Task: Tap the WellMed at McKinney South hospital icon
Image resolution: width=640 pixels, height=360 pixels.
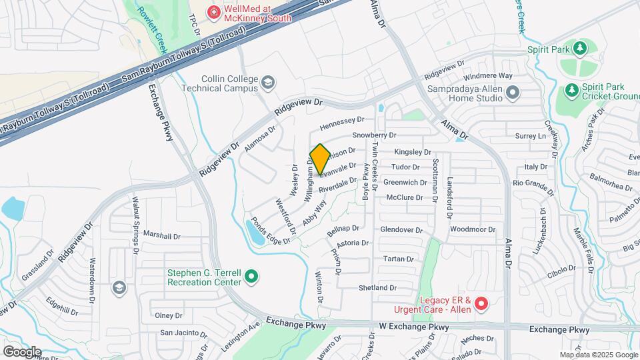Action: point(213,11)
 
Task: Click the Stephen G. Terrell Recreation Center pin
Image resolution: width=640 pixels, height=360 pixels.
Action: point(251,275)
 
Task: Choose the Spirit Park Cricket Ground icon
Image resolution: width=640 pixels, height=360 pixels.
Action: point(571,89)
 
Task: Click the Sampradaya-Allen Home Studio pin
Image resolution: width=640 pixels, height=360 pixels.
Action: point(512,93)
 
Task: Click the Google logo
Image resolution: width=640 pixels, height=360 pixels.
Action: point(22,351)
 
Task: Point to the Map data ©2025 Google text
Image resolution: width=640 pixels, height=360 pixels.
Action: point(598,355)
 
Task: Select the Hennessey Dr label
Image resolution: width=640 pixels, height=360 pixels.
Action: point(342,121)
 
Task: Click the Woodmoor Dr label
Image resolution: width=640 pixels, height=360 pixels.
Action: point(473,229)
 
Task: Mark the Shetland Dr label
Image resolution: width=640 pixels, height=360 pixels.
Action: point(377,288)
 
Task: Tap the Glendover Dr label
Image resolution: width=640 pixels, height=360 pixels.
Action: point(401,229)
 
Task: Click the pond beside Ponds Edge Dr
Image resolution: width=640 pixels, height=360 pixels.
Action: point(255,233)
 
